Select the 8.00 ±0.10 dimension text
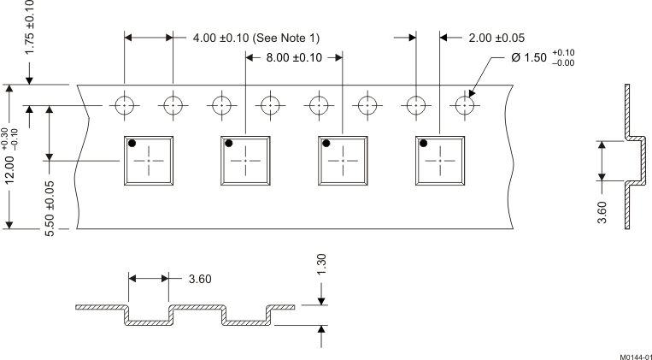coord(293,58)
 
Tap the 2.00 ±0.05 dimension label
coord(496,38)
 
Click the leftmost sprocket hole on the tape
coord(125,105)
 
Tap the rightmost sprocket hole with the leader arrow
coord(465,105)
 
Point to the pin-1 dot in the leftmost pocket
coord(132,144)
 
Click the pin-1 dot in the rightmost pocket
coord(423,144)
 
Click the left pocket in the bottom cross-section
coord(149,318)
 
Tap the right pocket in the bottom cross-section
coord(245,318)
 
